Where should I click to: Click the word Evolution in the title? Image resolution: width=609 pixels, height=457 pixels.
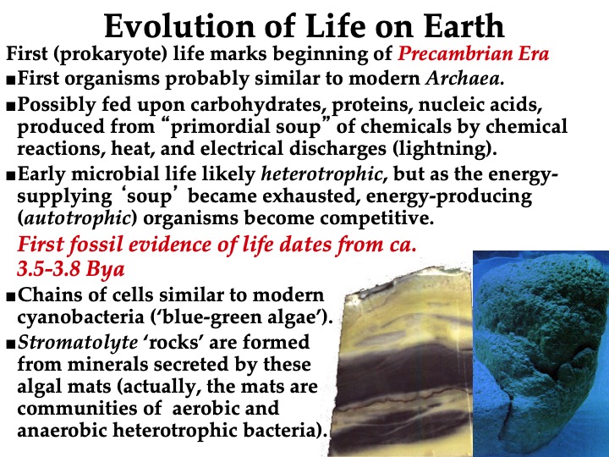click(x=179, y=25)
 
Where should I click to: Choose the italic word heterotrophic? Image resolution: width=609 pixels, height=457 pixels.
click(x=321, y=174)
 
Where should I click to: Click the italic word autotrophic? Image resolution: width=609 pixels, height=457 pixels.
click(x=77, y=218)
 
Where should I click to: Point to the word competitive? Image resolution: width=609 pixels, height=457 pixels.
click(x=376, y=218)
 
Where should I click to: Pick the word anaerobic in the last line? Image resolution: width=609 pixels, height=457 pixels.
click(x=62, y=430)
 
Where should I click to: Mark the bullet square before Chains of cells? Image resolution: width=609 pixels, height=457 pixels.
click(x=11, y=297)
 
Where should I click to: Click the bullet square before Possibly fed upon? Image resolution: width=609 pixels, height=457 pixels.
click(x=11, y=107)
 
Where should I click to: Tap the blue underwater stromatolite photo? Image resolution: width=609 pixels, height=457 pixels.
click(x=540, y=354)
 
